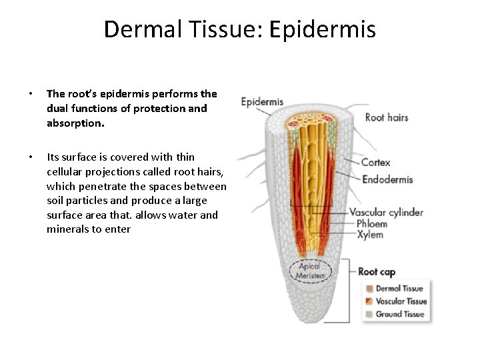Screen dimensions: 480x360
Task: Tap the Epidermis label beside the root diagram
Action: point(262,102)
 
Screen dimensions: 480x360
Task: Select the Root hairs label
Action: point(387,117)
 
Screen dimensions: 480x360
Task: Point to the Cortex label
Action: point(375,163)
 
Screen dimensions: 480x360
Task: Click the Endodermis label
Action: point(387,179)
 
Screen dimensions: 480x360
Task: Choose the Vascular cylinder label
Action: point(391,213)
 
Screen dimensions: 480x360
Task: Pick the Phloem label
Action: point(372,224)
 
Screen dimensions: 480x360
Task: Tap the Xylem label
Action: point(370,235)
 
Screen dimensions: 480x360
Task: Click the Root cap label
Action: point(377,271)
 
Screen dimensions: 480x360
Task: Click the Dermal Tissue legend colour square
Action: point(368,289)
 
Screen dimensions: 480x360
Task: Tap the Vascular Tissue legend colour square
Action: point(368,301)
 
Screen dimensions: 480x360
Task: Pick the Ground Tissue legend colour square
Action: point(368,314)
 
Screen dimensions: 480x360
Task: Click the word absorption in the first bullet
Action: point(74,123)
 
